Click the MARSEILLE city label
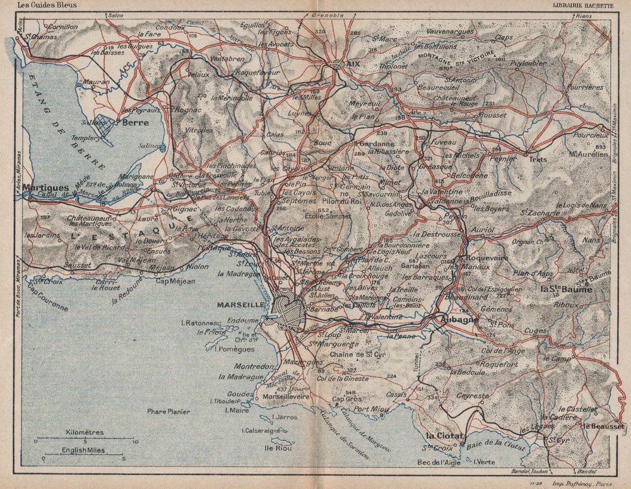click(x=240, y=304)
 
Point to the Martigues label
click(x=45, y=187)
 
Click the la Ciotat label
click(x=445, y=436)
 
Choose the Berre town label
click(x=136, y=122)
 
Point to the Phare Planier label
click(x=168, y=411)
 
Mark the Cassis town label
click(x=396, y=394)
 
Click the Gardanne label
click(x=372, y=143)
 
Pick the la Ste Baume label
click(x=566, y=290)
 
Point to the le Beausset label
click(x=604, y=427)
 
